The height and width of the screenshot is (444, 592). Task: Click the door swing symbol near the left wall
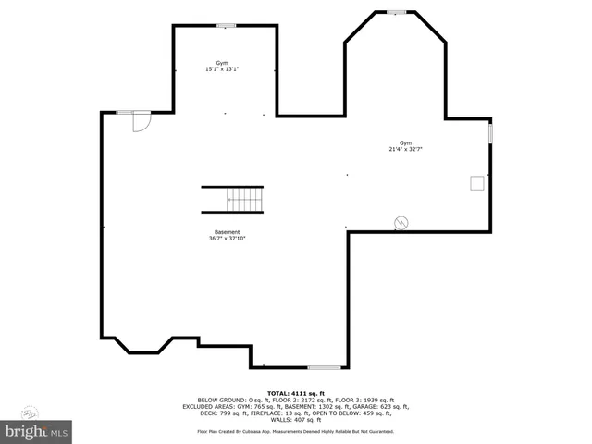tap(142, 122)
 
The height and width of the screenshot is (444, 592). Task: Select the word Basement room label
tap(227, 232)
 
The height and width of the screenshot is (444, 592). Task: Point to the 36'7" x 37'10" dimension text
tap(227, 239)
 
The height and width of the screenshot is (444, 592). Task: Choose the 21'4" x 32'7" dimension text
tap(405, 149)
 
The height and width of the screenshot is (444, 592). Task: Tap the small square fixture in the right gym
tap(477, 182)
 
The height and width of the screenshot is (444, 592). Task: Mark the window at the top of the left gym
tap(225, 25)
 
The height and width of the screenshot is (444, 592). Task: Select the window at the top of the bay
tap(396, 12)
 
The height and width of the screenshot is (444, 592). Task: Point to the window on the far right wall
tap(490, 133)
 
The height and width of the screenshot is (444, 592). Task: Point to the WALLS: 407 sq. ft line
tap(295, 419)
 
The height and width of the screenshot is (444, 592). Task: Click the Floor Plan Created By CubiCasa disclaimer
tap(295, 431)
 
